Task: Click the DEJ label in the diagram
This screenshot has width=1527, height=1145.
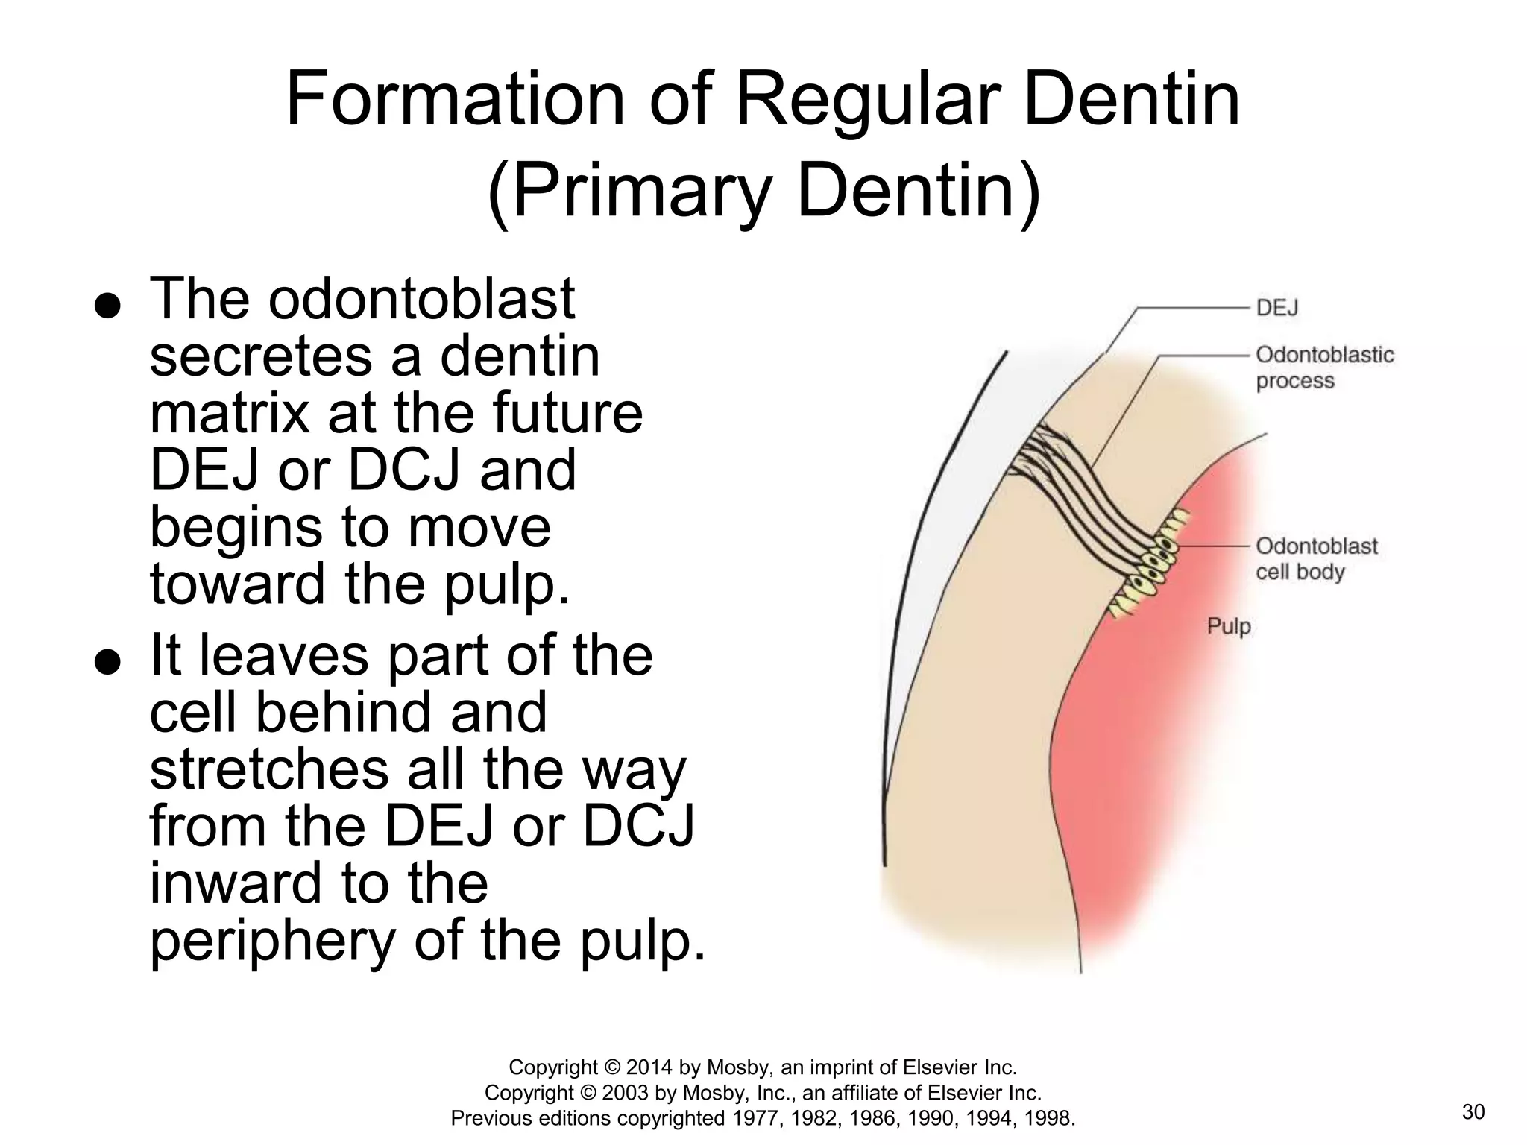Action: click(x=1276, y=308)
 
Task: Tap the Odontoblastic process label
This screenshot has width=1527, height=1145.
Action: click(x=1323, y=368)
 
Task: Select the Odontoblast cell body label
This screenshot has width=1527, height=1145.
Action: click(x=1316, y=559)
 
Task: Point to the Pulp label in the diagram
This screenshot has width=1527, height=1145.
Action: click(x=1228, y=626)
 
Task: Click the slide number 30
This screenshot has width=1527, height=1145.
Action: click(x=1473, y=1112)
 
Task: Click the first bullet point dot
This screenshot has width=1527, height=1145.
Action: click(x=107, y=306)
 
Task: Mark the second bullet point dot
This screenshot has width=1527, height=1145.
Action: click(x=107, y=663)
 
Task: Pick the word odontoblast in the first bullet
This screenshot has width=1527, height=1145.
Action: click(x=421, y=299)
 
